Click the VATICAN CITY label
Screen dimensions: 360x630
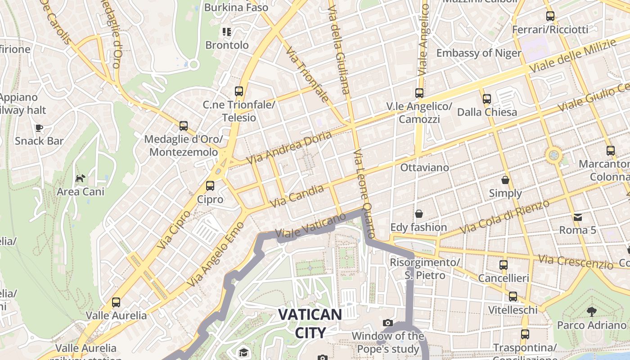310,323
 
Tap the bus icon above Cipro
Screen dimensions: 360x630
210,185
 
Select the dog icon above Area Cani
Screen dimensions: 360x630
80,179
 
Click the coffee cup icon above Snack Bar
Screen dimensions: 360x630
39,128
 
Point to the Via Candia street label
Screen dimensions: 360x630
297,196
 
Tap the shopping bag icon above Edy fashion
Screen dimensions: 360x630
419,214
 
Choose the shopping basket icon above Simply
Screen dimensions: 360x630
505,180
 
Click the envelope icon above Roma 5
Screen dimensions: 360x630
578,217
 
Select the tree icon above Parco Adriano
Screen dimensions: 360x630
591,311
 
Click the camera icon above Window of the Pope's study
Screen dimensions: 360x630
387,323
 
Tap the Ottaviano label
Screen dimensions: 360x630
424,167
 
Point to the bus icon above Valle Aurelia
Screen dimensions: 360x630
116,302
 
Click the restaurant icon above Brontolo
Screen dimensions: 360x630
227,31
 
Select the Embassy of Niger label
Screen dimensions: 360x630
478,53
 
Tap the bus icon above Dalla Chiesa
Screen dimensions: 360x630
486,99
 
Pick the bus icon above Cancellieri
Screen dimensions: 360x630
503,265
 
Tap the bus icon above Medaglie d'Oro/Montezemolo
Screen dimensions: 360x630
183,126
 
